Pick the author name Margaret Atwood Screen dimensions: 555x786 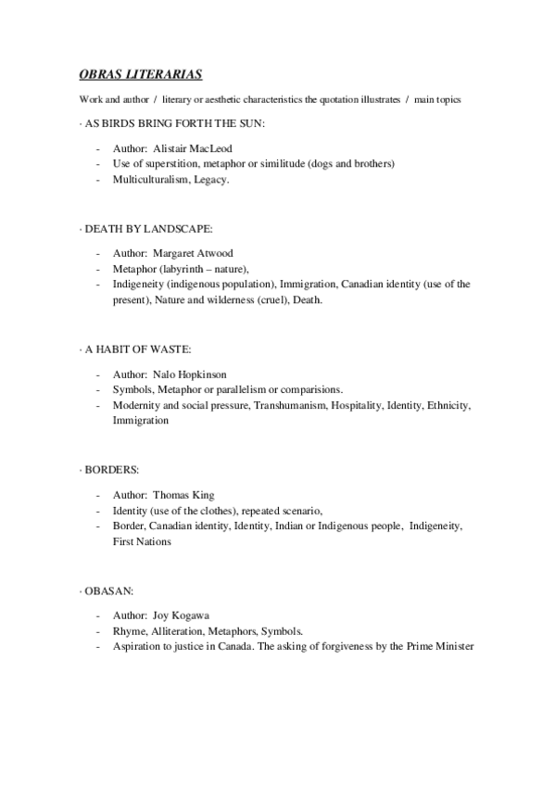tap(195, 253)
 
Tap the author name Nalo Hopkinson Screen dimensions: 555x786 tap(194, 374)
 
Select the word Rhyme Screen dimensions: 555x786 tap(128, 631)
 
